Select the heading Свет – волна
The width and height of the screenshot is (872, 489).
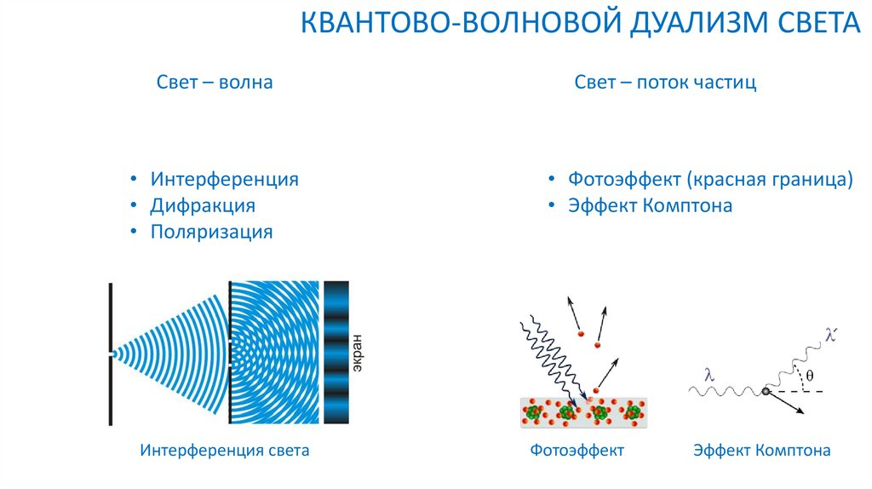[215, 83]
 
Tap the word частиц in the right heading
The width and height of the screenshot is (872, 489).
[725, 83]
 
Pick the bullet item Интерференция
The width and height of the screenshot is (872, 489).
[224, 179]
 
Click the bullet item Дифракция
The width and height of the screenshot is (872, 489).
[203, 205]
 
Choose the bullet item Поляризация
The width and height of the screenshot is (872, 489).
[211, 232]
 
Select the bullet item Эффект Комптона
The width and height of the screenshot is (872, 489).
[650, 205]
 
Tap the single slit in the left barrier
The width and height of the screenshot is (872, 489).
[111, 353]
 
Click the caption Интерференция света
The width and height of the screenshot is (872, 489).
[224, 450]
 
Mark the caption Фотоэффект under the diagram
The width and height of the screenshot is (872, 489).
[577, 450]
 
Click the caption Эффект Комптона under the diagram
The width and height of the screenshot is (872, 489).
[761, 450]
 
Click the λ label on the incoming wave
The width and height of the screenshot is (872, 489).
[708, 374]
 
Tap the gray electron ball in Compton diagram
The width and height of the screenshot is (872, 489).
[766, 391]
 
